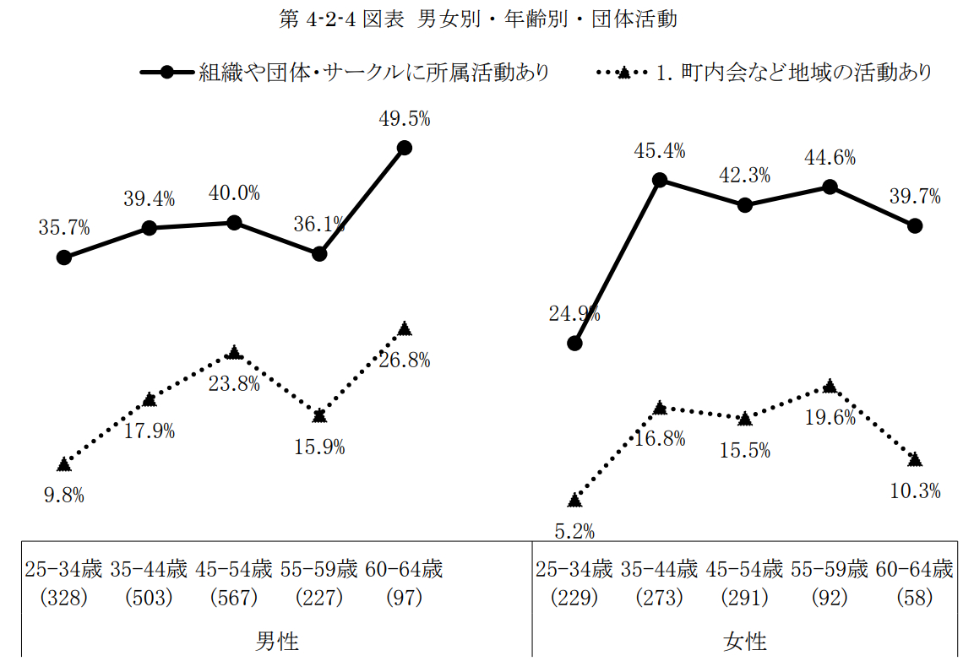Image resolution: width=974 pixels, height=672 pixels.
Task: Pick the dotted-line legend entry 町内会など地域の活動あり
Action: pos(793,73)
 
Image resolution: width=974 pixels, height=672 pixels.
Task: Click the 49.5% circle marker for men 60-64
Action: pos(404,147)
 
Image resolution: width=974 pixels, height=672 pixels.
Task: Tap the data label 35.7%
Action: pos(64,227)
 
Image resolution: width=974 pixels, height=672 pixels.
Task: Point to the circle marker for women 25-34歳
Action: pos(574,343)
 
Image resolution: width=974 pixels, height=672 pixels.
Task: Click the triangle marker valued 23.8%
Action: pos(234,351)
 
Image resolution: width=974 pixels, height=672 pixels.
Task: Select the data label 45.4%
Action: pos(660,151)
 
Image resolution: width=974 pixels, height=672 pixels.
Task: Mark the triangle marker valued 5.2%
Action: pos(574,500)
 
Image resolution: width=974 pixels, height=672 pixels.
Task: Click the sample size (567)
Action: pos(234,598)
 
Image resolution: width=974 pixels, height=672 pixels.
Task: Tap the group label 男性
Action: pos(277,641)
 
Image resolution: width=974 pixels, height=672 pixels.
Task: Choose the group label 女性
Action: pos(744,641)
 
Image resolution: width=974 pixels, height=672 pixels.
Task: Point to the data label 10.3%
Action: pos(915,490)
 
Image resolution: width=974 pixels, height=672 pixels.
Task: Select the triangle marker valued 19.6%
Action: pos(830,386)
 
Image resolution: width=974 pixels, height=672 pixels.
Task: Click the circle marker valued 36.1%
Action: pos(319,253)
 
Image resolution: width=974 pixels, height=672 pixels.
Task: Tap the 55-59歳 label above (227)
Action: pos(319,568)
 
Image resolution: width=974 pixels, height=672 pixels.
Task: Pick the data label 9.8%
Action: pos(64,496)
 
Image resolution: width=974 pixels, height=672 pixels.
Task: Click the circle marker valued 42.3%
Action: pos(744,205)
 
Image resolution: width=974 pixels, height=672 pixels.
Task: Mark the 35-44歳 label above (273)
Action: pos(660,568)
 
